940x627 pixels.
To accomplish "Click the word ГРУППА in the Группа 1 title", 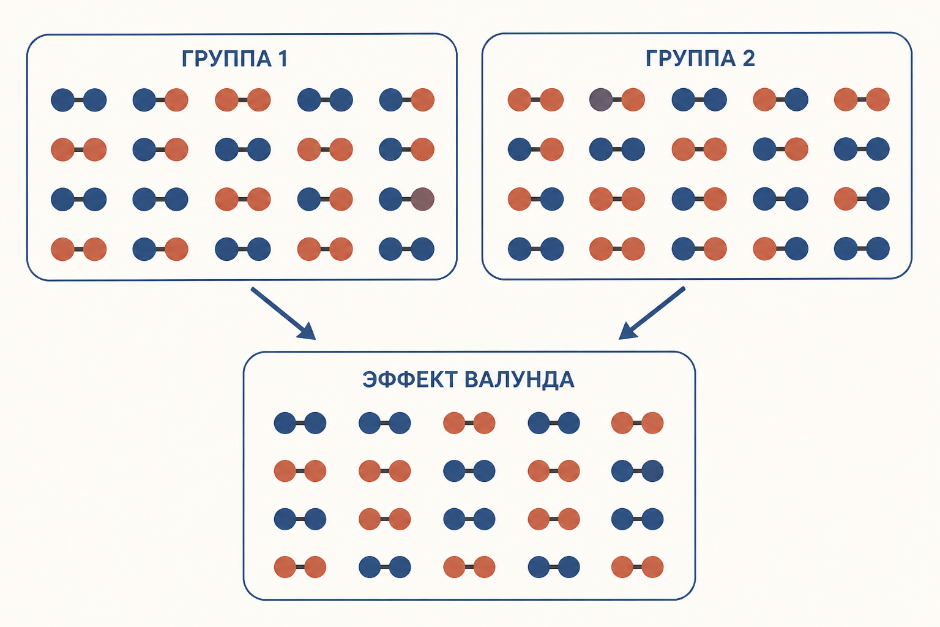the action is [227, 58].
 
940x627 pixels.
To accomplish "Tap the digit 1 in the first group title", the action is [283, 58].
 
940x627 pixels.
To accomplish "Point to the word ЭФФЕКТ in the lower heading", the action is [409, 380].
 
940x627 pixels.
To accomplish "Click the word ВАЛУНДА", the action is [520, 380].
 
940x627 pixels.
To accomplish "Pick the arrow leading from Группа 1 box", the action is [283, 313].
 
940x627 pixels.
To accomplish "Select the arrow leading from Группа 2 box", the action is [652, 313].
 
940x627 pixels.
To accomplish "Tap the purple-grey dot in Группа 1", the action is [423, 199].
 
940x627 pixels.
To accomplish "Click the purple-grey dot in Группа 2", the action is [601, 100].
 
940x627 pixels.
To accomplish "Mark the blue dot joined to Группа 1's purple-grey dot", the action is [390, 199].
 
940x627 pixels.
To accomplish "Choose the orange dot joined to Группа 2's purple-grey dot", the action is [633, 100].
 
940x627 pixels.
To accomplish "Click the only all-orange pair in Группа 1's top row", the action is [242, 100].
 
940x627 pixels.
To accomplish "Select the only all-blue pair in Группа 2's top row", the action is [699, 100].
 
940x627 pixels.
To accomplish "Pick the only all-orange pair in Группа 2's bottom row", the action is [617, 249].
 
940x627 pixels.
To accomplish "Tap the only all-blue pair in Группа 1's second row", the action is [242, 149].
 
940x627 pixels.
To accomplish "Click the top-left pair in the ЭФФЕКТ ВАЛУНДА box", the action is [300, 423].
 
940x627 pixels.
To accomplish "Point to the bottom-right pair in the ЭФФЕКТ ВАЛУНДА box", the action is [638, 567].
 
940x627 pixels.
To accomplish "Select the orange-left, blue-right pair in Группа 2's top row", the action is [780, 100].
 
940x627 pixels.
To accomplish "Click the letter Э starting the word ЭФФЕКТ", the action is [370, 380].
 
